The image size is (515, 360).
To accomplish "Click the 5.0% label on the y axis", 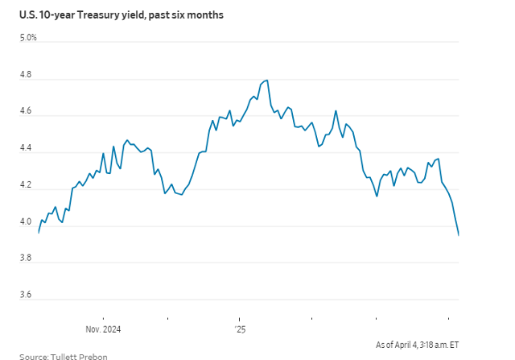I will click(x=28, y=37).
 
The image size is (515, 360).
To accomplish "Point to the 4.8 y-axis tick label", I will click(x=27, y=75).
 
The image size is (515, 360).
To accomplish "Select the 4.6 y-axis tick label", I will click(x=27, y=112).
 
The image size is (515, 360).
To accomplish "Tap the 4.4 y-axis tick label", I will click(x=27, y=149).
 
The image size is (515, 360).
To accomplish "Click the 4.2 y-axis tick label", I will click(x=27, y=185).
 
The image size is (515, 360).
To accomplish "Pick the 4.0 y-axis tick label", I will click(x=27, y=222).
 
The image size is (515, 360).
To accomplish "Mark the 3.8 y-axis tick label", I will click(x=27, y=259).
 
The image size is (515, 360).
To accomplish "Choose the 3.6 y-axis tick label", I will click(x=27, y=296).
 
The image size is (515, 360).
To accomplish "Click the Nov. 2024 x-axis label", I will click(x=103, y=329).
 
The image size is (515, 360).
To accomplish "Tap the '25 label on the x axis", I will click(x=240, y=329).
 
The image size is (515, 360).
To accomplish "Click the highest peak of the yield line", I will click(x=266, y=80).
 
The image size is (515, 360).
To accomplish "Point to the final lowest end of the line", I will click(x=459, y=235).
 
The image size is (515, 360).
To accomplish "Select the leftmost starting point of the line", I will click(x=39, y=232).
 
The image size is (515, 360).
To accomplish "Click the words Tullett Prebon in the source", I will click(x=79, y=355).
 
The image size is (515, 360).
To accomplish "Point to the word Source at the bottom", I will click(x=33, y=355).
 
